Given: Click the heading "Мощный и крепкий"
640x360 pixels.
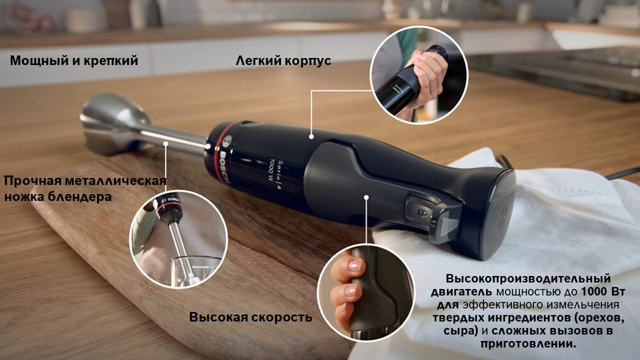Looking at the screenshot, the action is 74,60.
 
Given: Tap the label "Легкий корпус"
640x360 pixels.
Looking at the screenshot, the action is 283,61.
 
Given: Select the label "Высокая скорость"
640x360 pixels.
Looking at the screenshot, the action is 250,317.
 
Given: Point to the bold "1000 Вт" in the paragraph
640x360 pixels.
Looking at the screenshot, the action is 603,291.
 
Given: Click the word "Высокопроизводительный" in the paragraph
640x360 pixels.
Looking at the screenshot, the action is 528,278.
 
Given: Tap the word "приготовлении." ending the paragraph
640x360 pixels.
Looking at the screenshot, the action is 528,343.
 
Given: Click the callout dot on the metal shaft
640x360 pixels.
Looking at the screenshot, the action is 165,143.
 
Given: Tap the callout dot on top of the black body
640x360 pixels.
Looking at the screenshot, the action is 311,137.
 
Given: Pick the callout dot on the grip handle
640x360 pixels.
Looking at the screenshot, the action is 366,197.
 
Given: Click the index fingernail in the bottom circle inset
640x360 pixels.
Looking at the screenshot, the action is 354,265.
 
